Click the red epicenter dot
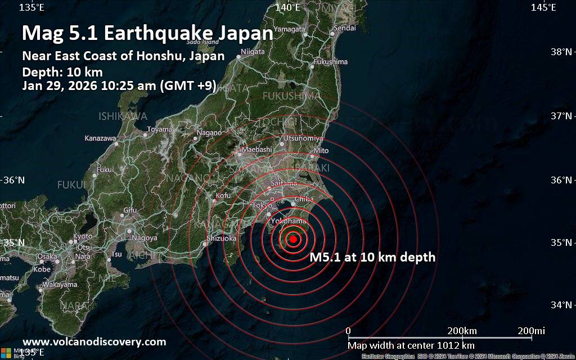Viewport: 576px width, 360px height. coord(293,239)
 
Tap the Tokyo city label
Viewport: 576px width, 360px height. coord(262,205)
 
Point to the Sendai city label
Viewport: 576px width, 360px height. coord(344,28)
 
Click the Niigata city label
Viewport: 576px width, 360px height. coord(252,52)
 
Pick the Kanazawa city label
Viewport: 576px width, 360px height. coord(100,138)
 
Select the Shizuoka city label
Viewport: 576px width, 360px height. coord(222,238)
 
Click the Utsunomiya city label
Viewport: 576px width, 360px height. coord(304,138)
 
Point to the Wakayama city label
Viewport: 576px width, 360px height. coord(59,285)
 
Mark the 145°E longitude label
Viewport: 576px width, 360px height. coord(543,7)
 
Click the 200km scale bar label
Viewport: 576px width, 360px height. coord(462,330)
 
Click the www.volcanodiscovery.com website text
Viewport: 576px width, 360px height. coord(94,341)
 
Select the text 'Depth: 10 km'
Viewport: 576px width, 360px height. coord(62,71)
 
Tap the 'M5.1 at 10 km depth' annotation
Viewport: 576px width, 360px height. coord(373,258)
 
